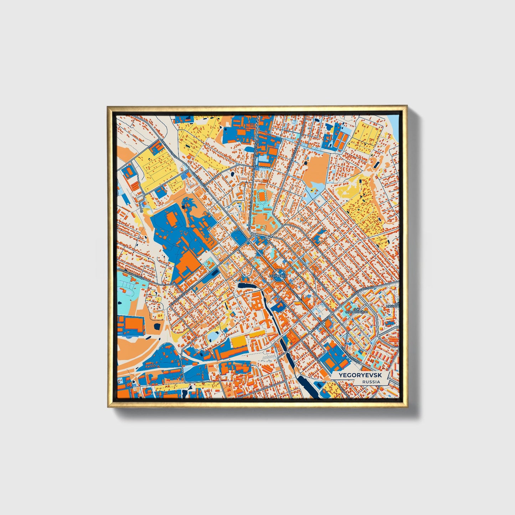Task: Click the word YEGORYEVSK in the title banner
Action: [355, 375]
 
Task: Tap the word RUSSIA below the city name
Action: [371, 382]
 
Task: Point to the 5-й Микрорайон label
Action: [356, 310]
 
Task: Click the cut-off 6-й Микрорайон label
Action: [393, 305]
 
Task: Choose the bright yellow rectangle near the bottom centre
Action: [240, 341]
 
